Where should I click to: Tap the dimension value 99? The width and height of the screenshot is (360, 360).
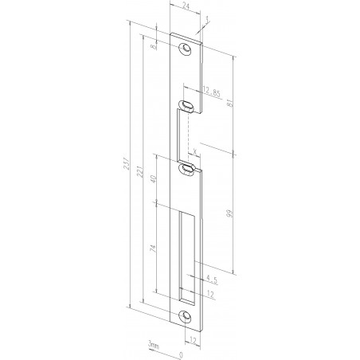click(x=229, y=214)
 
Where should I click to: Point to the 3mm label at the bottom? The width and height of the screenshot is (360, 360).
click(x=152, y=344)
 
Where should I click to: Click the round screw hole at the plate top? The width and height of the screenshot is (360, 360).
click(x=186, y=49)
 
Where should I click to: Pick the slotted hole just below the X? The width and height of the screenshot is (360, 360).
click(x=188, y=167)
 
